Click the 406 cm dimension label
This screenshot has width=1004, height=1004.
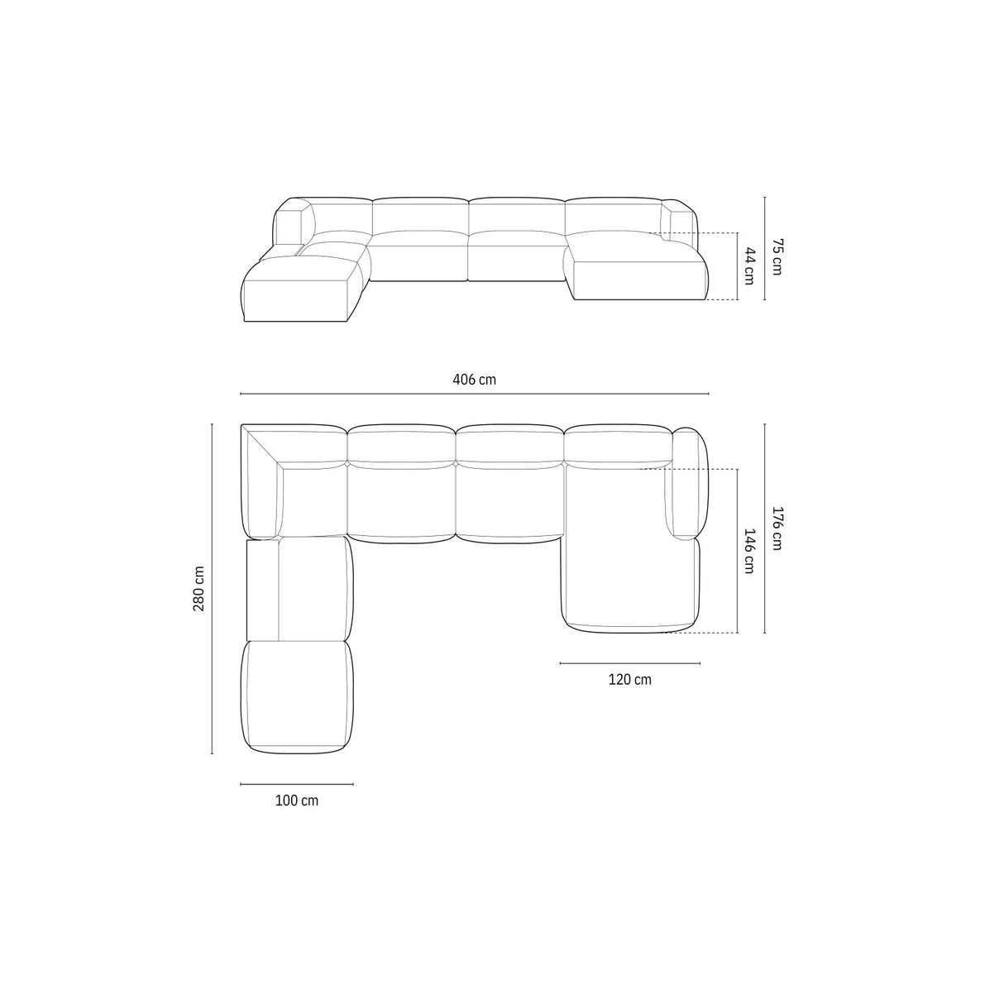tap(474, 380)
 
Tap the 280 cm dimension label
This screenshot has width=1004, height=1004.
tap(198, 588)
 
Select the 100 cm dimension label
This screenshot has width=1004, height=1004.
tap(296, 801)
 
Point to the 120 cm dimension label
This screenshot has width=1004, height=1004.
tap(629, 680)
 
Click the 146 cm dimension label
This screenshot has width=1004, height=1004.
tap(748, 552)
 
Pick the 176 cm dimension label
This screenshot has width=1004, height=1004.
tap(777, 528)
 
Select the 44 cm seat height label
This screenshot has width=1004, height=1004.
tap(749, 265)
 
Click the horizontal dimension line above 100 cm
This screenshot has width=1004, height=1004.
tap(296, 784)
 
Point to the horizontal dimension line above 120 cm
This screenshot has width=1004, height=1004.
tap(629, 663)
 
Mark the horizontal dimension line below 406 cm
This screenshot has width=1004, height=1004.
tap(474, 394)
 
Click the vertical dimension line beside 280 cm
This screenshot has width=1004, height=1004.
tap(213, 588)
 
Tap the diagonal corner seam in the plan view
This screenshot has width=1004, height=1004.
tap(263, 447)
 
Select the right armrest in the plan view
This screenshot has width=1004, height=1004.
tap(689, 484)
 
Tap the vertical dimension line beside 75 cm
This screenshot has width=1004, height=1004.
tap(765, 248)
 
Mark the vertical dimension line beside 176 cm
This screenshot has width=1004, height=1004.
tap(765, 528)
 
